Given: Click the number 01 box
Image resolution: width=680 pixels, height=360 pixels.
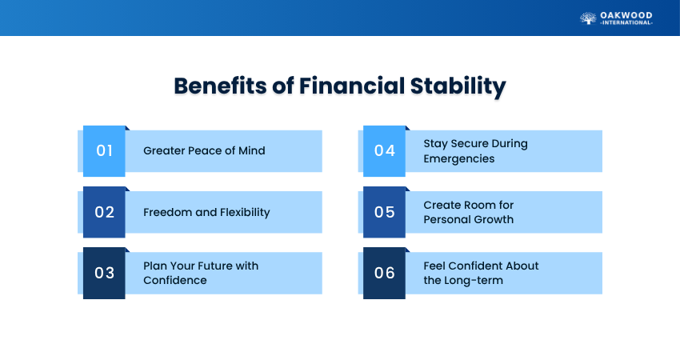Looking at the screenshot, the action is tap(104, 151).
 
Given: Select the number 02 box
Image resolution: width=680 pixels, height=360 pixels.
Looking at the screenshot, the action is tap(104, 212).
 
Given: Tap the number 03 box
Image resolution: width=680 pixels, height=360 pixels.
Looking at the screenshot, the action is tap(104, 274).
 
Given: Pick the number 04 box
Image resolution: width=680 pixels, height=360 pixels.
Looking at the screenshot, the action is tap(384, 151).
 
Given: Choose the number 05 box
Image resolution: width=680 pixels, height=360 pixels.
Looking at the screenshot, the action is tap(384, 212).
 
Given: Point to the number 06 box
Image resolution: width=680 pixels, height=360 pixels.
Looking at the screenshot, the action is tap(384, 274).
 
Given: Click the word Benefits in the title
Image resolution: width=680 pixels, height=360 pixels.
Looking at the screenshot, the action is tap(221, 86).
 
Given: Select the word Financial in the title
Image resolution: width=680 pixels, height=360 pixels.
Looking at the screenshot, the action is tap(352, 86).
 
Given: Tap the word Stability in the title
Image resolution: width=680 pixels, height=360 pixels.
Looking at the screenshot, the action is tap(458, 86).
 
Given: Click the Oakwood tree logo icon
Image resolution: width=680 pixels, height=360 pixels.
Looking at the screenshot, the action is tap(588, 18).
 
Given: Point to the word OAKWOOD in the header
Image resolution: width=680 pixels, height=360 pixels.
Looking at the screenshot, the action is tap(626, 16).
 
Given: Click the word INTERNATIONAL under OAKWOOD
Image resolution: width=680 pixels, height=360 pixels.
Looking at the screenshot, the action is tap(626, 22).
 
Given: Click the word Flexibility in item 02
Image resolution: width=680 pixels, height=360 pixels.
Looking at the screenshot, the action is tap(245, 213).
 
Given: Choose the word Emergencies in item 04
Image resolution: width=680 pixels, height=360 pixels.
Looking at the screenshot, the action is tap(459, 159).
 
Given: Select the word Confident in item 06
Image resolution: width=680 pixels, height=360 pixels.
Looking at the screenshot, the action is tap(481, 266).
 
